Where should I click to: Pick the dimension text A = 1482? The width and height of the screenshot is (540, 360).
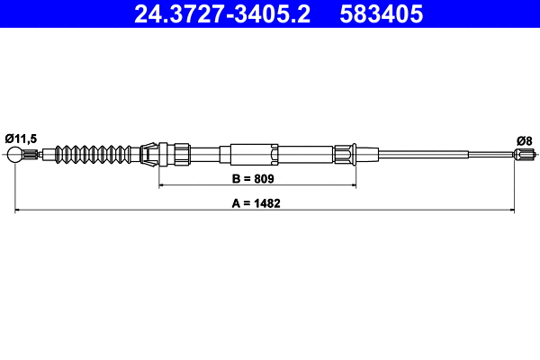(256, 203)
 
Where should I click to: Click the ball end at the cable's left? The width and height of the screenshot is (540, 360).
(17, 156)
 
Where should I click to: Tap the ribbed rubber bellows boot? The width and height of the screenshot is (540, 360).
(94, 154)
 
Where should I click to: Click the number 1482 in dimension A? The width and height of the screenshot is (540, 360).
(266, 203)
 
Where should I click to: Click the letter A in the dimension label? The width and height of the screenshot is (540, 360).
(236, 203)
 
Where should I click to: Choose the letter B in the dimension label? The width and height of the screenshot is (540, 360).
(237, 179)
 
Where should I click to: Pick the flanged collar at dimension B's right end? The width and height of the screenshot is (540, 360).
(347, 154)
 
